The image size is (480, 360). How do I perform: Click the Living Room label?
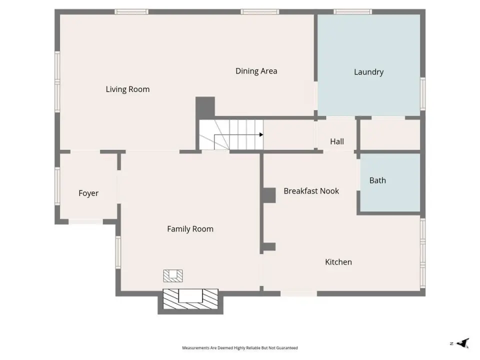point(127,89)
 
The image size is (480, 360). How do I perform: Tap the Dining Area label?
point(256,71)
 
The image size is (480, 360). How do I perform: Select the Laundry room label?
point(368,72)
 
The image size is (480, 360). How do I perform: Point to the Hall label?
point(336,141)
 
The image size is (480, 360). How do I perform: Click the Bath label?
point(377,180)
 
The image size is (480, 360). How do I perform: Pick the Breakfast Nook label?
point(311,191)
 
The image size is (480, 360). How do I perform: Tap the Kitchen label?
point(338,262)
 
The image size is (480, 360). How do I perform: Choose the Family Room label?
point(190,229)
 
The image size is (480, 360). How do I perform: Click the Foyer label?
point(88,193)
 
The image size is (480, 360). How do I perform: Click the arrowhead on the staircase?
point(261,134)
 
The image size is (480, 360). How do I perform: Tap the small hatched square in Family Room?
point(173,275)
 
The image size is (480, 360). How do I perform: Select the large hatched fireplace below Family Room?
point(190,299)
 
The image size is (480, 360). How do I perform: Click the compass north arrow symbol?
point(463,343)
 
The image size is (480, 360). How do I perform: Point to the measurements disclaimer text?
point(240,348)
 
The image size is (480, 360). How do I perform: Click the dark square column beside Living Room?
point(205,106)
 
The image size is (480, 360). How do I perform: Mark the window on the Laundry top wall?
point(352,12)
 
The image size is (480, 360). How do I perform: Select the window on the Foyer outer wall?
point(57,186)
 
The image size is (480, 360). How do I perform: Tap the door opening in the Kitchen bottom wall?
point(299,294)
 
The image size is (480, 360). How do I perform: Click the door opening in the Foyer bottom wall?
point(85,221)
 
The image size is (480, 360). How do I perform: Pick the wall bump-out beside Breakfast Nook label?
point(269,195)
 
